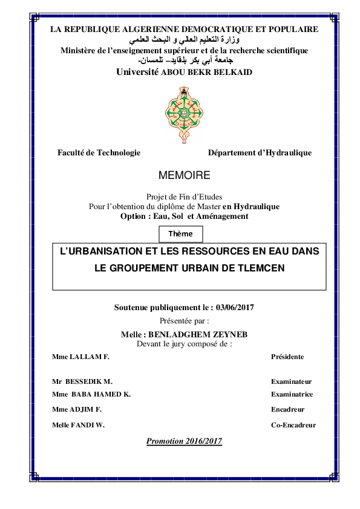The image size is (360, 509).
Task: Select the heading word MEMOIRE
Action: click(184, 176)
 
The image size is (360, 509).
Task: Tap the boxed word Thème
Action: click(180, 234)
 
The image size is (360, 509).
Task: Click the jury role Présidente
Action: click(287, 357)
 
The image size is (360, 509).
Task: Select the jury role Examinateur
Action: click(291, 382)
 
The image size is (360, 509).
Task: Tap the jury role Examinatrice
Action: click(292, 394)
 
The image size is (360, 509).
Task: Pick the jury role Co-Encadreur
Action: click(293, 425)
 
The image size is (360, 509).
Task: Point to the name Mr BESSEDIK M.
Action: click(82, 382)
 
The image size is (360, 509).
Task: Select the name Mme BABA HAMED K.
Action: click(91, 394)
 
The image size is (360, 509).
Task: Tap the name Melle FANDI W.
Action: click(79, 425)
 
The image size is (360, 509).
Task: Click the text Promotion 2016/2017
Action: click(184, 441)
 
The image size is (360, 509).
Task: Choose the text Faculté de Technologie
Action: click(99, 153)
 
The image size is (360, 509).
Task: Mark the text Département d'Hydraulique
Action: click(260, 153)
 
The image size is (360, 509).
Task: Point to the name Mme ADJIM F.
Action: click(77, 409)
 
